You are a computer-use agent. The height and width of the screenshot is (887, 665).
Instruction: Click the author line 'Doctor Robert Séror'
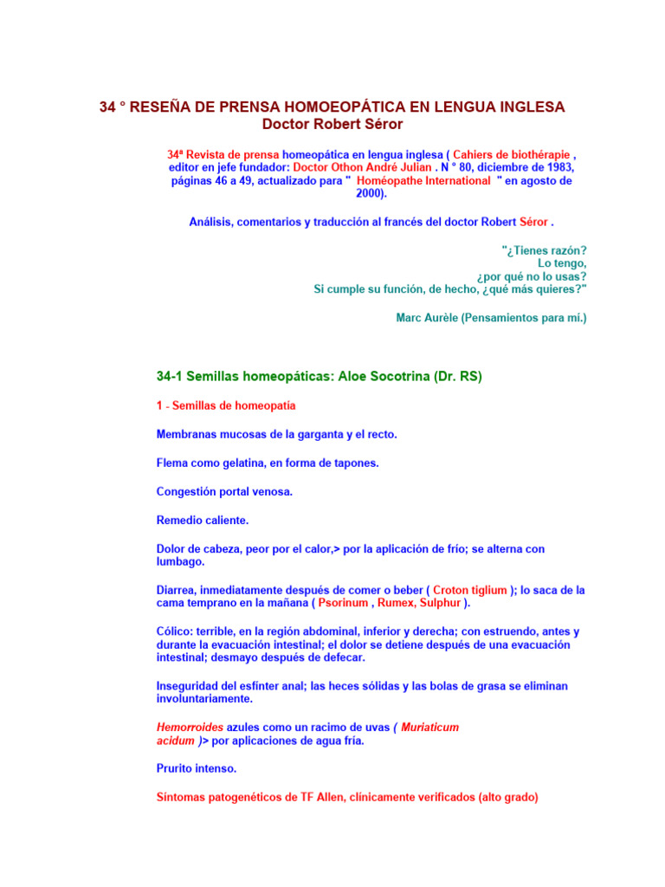tap(332, 124)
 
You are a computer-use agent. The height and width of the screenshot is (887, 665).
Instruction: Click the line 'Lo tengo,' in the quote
tap(562, 262)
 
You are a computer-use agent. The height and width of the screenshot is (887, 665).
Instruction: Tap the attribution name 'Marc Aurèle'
tap(426, 318)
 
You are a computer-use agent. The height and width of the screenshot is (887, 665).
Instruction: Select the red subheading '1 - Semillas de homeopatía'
tap(226, 405)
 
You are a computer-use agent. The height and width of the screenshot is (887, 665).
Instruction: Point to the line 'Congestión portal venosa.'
tap(224, 491)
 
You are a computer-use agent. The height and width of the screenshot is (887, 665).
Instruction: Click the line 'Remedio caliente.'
tap(203, 521)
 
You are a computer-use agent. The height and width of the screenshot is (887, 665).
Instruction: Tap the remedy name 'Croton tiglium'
tap(470, 590)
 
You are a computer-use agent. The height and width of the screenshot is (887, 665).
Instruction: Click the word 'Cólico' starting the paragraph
tap(175, 631)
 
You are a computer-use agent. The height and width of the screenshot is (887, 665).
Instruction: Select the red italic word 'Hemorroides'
tap(190, 728)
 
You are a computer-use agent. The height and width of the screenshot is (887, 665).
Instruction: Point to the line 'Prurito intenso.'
tap(197, 768)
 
